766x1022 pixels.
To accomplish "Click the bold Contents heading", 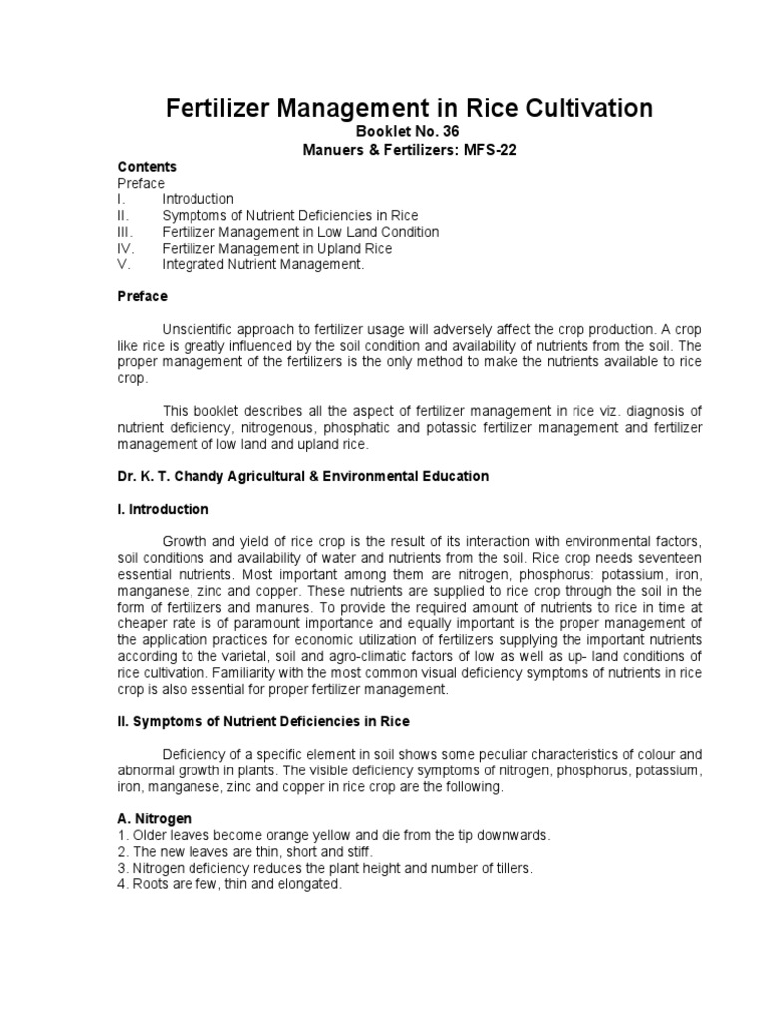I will tap(147, 167).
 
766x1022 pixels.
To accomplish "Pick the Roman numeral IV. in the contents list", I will tap(127, 248).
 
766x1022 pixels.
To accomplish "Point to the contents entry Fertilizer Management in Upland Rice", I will tap(276, 248).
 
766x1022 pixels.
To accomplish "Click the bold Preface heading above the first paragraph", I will tap(142, 296).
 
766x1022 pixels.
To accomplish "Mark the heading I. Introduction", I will tap(163, 509).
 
